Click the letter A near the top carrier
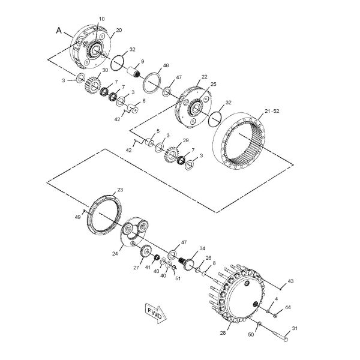click(59, 29)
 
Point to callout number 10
click(101, 20)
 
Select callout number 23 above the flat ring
click(120, 190)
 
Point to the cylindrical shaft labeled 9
click(132, 74)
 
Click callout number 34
click(202, 248)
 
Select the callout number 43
click(290, 281)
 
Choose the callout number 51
click(178, 278)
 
